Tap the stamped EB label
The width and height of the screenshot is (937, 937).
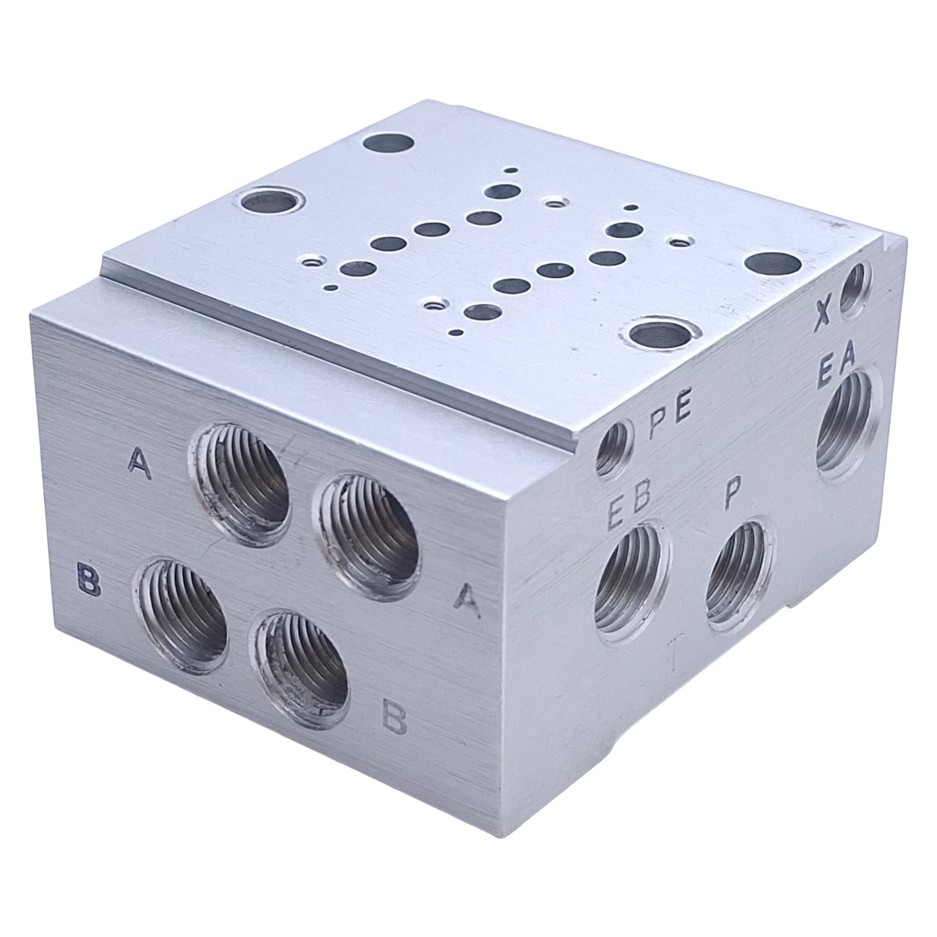click(x=629, y=511)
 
